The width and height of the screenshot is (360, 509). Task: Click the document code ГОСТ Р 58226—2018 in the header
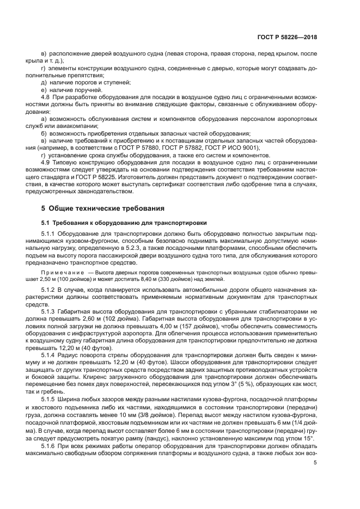pos(288,37)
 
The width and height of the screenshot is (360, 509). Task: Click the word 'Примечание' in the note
pos(62,271)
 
